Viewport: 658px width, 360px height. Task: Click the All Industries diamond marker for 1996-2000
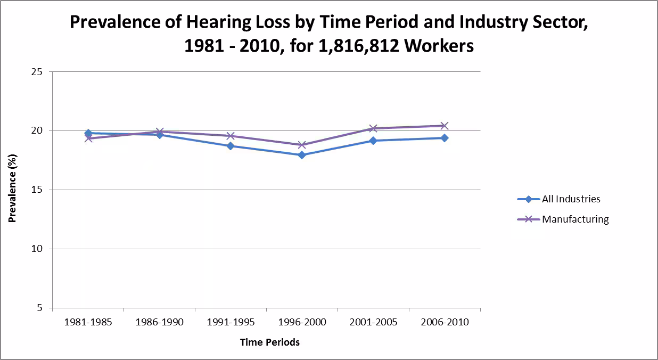coord(302,155)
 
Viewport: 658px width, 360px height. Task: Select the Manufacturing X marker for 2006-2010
coord(445,126)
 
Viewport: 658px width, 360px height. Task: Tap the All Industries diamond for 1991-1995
coord(231,145)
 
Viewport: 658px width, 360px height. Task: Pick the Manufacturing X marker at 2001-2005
coord(373,128)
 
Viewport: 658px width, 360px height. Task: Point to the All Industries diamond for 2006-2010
coord(445,138)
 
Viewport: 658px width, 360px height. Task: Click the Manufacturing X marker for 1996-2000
coord(302,145)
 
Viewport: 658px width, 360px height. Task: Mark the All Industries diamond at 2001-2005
coord(373,141)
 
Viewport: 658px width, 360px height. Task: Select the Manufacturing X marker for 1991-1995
coord(231,136)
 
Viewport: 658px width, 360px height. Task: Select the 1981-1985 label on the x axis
coord(88,322)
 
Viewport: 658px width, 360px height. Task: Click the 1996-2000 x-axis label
coord(302,322)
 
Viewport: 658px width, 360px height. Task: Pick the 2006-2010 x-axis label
coord(445,322)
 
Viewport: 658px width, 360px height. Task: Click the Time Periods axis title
coord(269,342)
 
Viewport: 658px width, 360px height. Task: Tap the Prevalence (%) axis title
coord(12,190)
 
